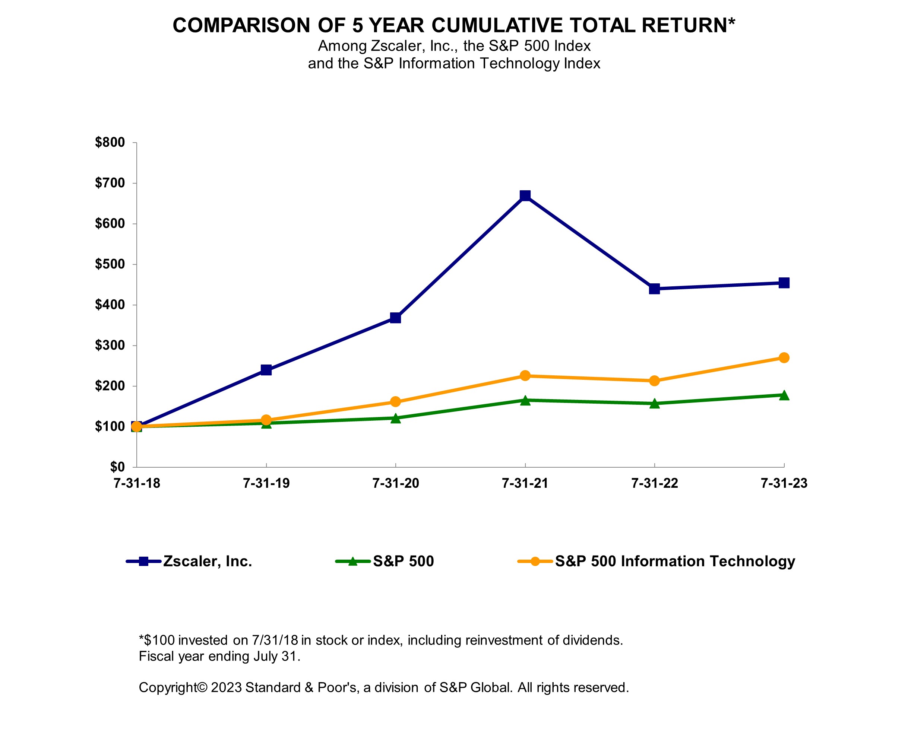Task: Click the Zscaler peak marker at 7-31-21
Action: [x=525, y=195]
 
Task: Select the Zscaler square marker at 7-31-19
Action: [x=266, y=370]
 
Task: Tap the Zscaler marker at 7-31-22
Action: [x=654, y=289]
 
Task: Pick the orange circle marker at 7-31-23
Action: [x=784, y=358]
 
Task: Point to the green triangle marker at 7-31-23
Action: [x=784, y=395]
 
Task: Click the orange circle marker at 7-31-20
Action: [x=395, y=402]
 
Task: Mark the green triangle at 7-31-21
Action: [x=525, y=401]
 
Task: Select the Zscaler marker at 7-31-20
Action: [x=395, y=318]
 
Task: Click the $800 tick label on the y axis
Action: [x=110, y=143]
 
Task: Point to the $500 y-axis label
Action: [x=110, y=264]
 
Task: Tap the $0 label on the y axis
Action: [x=117, y=467]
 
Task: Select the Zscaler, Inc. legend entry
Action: [x=207, y=561]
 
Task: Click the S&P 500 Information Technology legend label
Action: [x=674, y=561]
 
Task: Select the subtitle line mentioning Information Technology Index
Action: [x=453, y=64]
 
